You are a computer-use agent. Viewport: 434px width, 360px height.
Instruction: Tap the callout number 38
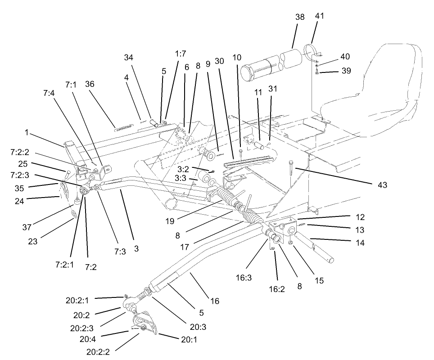click(x=300, y=17)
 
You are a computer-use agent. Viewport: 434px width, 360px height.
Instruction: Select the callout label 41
click(x=319, y=16)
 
